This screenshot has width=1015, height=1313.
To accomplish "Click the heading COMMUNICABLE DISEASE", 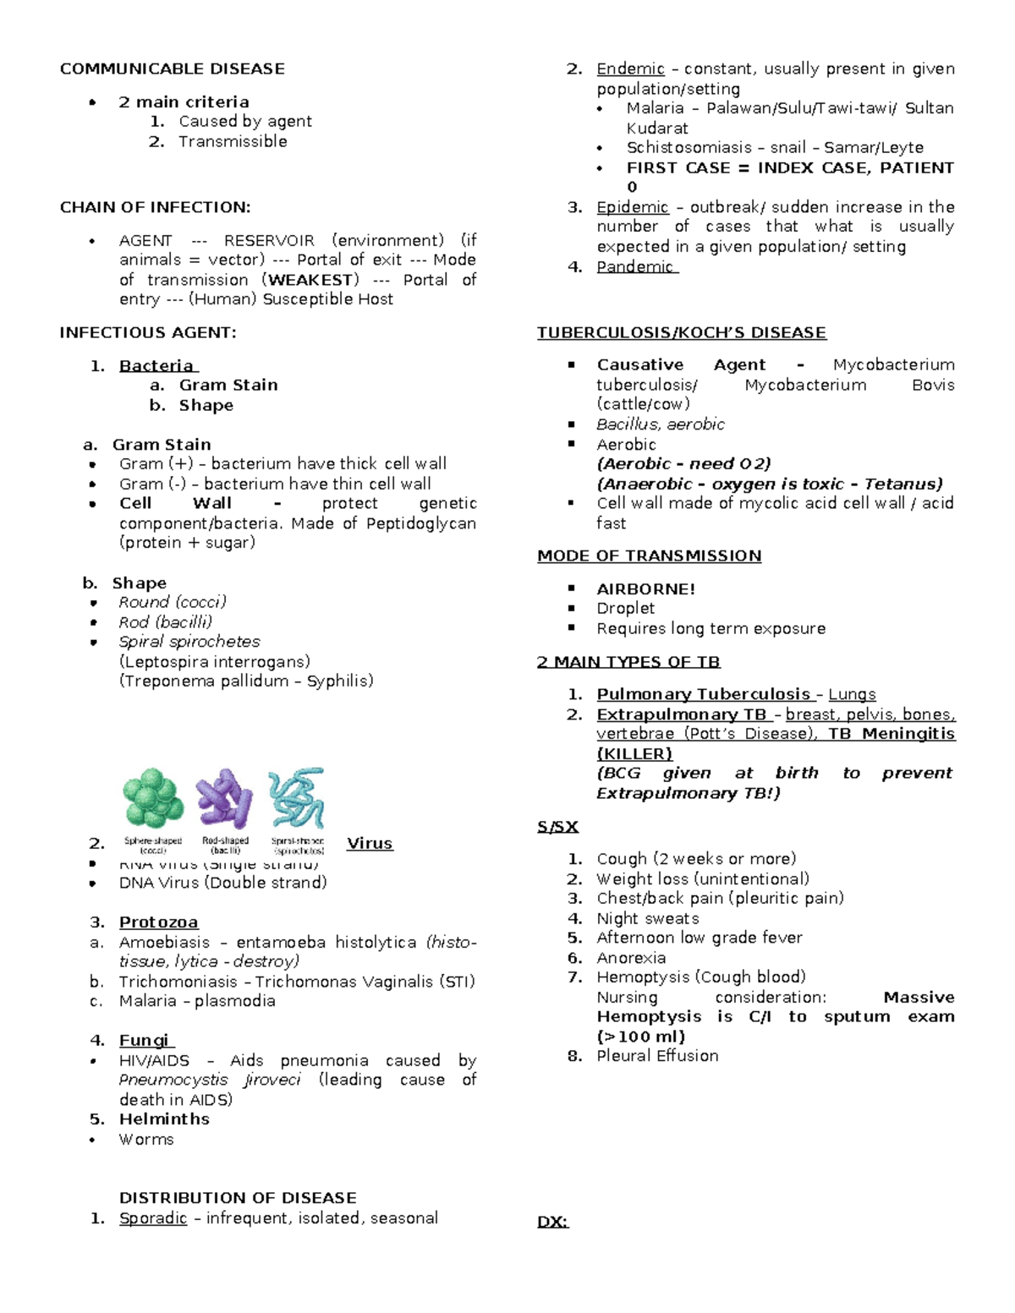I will (172, 68).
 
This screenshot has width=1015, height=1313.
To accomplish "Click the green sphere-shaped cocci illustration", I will (153, 797).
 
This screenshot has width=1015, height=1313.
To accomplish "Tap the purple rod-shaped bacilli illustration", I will (224, 798).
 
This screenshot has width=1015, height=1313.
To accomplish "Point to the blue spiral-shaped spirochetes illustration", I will (297, 798).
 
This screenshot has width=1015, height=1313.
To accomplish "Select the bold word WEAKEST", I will (310, 280).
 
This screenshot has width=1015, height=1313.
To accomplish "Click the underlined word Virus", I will (370, 843).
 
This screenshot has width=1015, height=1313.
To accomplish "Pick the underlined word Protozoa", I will (158, 922).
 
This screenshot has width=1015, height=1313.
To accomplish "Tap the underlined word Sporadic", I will (152, 1218).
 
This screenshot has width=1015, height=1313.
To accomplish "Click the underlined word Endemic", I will (630, 68).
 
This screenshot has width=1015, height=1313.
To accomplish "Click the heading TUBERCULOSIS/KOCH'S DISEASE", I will (681, 333).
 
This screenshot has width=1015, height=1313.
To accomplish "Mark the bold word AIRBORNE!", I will (645, 589).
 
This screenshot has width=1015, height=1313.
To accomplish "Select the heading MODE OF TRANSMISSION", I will (649, 556).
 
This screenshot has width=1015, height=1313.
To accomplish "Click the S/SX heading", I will (557, 827).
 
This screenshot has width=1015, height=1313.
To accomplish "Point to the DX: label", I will (552, 1222).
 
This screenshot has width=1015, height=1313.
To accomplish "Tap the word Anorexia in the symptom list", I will (631, 958).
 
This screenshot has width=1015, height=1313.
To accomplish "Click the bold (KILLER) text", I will (634, 753).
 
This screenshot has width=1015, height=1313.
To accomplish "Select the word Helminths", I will (164, 1119).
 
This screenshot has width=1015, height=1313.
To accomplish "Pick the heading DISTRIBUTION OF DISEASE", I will (238, 1198).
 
